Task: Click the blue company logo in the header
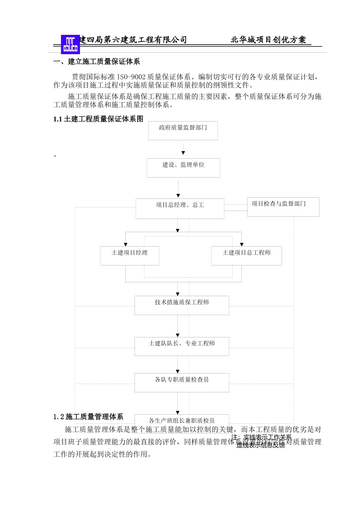tap(70, 44)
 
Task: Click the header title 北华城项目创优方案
tap(268, 40)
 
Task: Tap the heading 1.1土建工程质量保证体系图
tap(99, 119)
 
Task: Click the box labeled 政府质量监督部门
tap(183, 131)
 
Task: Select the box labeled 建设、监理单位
tap(183, 168)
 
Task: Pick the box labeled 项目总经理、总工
tap(180, 208)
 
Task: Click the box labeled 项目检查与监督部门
tap(283, 207)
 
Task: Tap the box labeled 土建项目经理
tap(130, 256)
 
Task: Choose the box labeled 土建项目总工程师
tap(246, 256)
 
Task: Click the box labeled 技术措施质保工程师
tap(182, 305)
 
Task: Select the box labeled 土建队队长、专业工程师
tap(182, 346)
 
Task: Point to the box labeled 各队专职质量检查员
tap(182, 383)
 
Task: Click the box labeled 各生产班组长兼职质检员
tap(182, 420)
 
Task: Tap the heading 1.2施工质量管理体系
tap(88, 417)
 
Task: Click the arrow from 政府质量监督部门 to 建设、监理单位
tap(183, 149)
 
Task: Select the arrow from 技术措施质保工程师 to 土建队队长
tap(178, 326)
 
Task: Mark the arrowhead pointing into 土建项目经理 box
tap(126, 244)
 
